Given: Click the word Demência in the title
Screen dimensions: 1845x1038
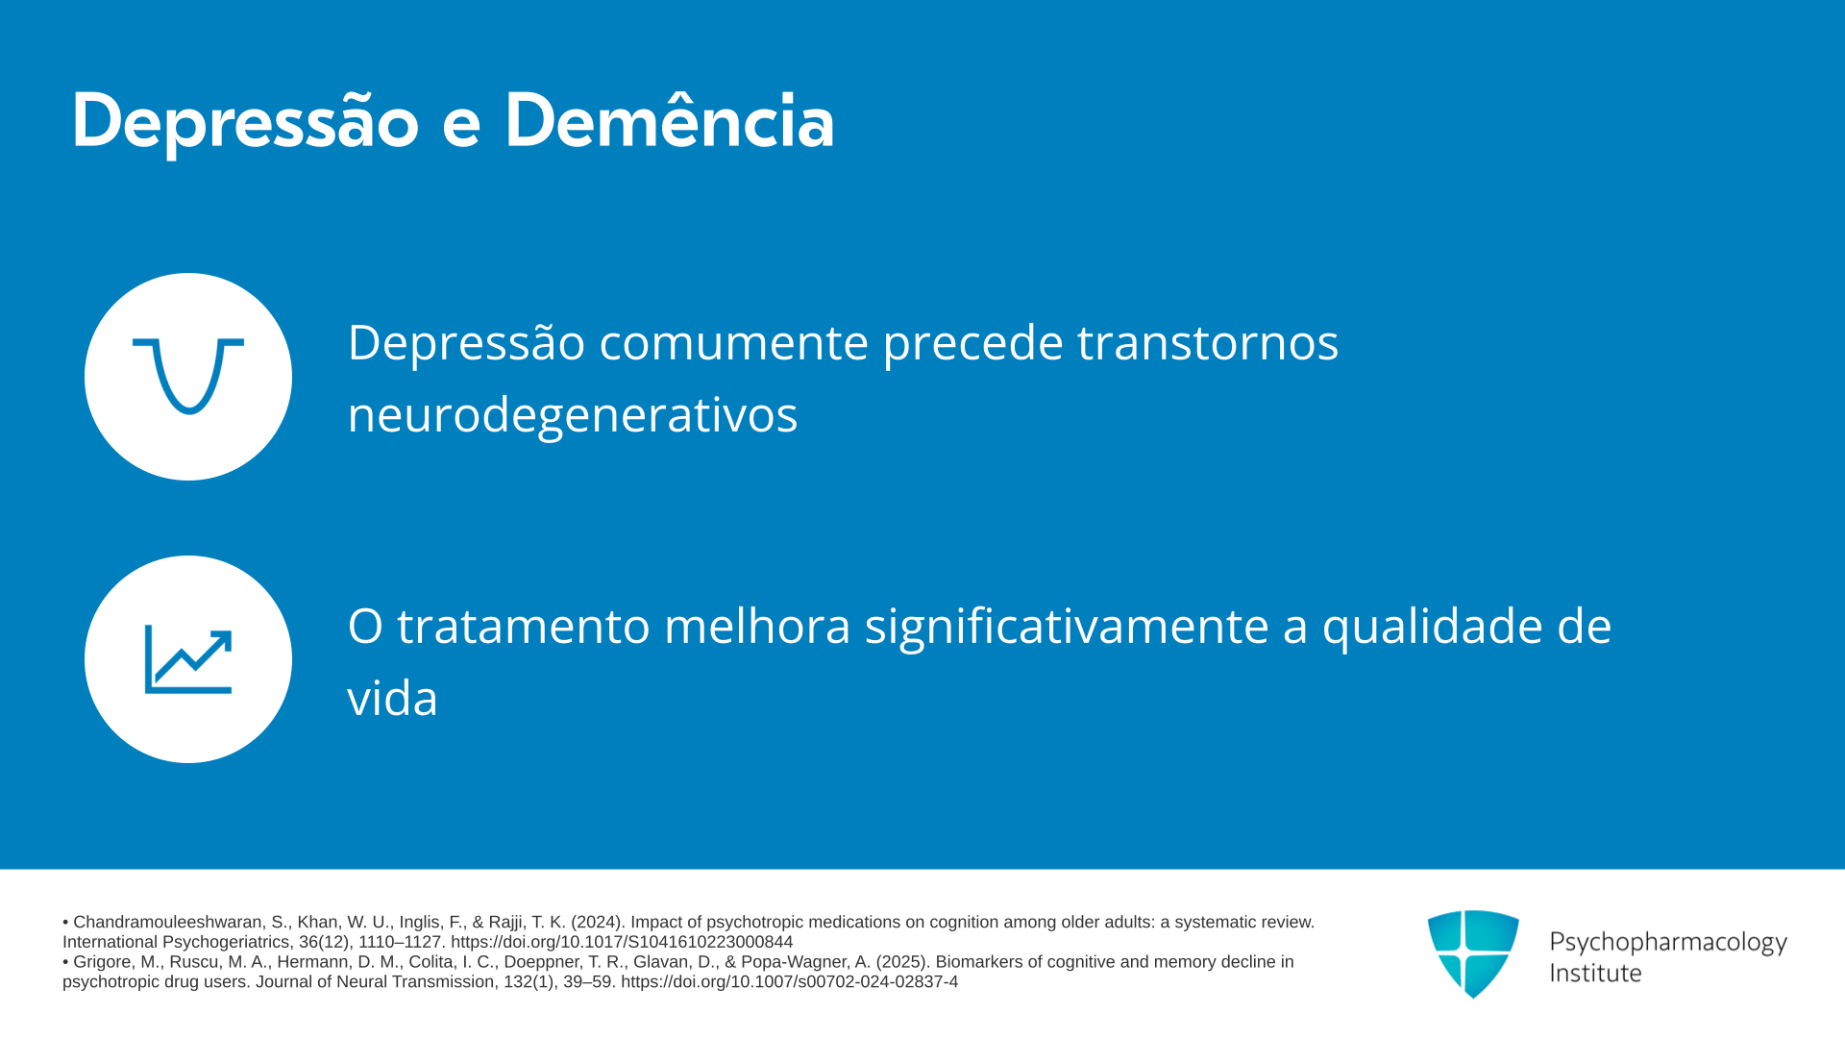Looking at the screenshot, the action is point(670,121).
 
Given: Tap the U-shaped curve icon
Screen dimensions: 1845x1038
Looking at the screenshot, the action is point(188,376).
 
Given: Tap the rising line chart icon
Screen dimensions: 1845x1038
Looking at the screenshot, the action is point(188,659).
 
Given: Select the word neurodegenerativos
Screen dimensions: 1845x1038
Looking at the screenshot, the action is point(573,415).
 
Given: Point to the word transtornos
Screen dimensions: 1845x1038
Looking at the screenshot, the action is point(1208,342).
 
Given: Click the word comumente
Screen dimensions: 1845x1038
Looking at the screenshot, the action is point(734,343).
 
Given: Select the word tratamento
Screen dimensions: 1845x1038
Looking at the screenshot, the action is point(524,627).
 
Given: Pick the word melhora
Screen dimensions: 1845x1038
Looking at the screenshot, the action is point(757,626).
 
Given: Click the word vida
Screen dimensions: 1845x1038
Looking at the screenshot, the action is point(392,698).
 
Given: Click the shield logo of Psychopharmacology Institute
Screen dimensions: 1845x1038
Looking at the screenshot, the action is point(1473,953).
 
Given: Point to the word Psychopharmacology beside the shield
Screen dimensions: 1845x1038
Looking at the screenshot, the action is point(1668,943).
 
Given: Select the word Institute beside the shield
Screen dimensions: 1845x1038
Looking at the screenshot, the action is point(1595,973).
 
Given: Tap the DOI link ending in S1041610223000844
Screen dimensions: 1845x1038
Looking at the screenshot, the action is point(622,942).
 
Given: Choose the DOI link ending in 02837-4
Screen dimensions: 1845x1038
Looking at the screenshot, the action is point(789,982).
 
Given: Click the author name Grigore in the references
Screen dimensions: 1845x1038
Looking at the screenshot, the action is point(101,962).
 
